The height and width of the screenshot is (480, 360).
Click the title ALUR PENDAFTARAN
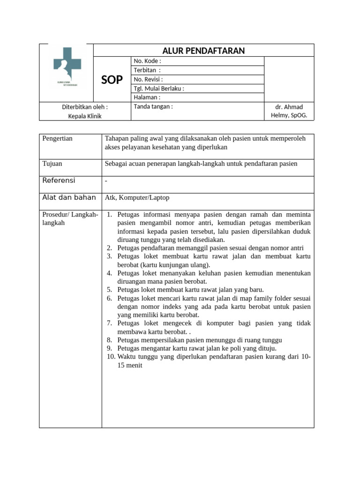[x=203, y=51]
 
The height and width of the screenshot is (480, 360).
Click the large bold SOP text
[x=112, y=80]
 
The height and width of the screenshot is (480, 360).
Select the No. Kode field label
[x=147, y=61]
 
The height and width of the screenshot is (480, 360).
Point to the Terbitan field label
[x=147, y=70]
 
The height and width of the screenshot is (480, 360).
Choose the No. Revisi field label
[x=148, y=79]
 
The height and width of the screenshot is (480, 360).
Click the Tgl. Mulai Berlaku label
[x=159, y=89]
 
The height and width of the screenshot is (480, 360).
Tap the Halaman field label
[x=147, y=97]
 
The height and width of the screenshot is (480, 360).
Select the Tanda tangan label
[x=153, y=106]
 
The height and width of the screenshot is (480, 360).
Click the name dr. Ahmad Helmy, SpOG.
[x=289, y=111]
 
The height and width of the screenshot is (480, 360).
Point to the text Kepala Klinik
[x=85, y=116]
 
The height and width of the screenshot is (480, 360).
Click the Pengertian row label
[x=58, y=139]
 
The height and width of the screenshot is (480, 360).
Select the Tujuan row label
[x=52, y=164]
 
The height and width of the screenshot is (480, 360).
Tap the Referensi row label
[x=59, y=180]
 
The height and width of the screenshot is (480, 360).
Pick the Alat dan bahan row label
[x=69, y=197]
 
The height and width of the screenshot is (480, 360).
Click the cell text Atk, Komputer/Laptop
[x=137, y=198]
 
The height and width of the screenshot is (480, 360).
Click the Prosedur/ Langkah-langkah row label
[x=70, y=218]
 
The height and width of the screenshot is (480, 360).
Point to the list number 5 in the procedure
[x=109, y=290]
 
